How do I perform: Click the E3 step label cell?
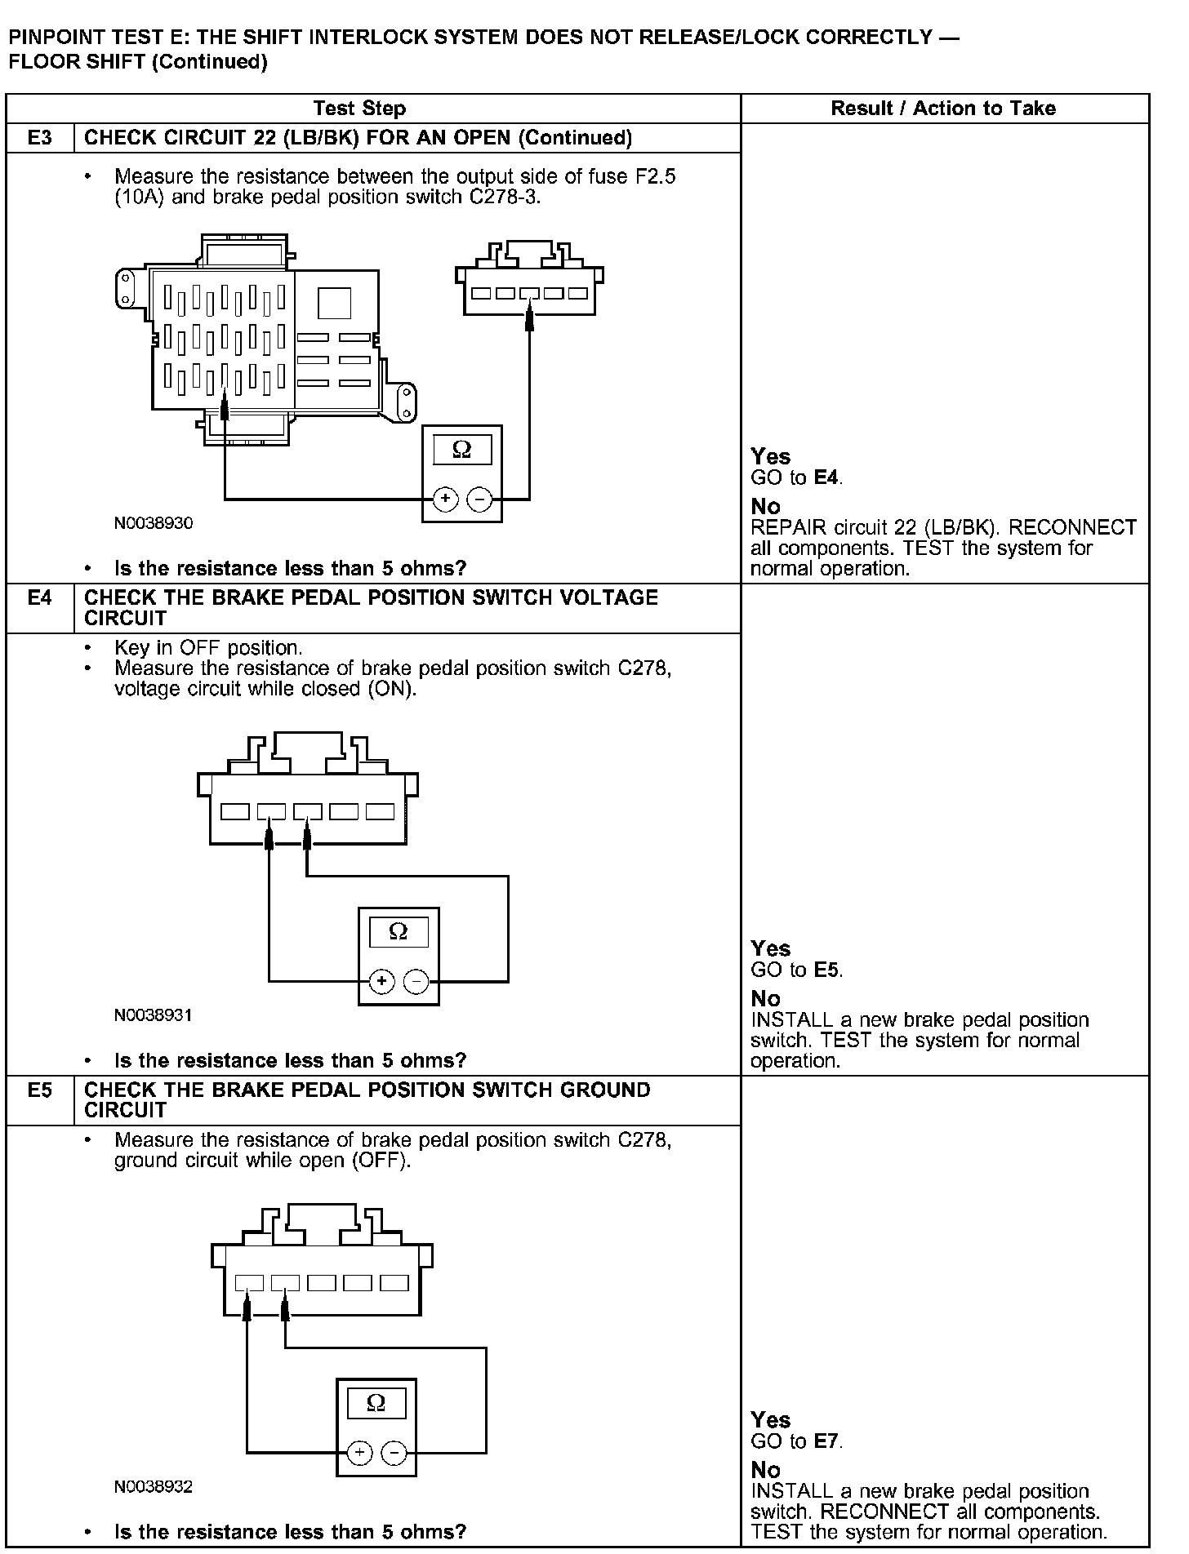pos(39,138)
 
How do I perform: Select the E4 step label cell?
pos(39,598)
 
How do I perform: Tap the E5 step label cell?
pos(39,1090)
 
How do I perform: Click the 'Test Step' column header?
pos(359,109)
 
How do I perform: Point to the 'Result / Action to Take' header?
pos(943,109)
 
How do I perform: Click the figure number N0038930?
pos(154,523)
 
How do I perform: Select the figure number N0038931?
pos(154,1015)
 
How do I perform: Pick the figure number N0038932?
pos(154,1486)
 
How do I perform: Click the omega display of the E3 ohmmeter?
pos(462,450)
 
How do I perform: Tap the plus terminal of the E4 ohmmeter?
pos(381,981)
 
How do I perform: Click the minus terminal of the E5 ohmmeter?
pos(394,1453)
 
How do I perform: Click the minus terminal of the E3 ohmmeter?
pos(480,498)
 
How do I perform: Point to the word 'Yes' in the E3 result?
pos(771,456)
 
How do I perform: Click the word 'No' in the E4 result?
pos(766,998)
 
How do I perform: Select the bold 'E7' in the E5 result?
pos(826,1441)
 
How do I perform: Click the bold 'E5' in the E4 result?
pos(828,970)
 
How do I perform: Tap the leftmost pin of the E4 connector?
pos(235,811)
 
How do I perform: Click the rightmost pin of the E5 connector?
pos(394,1283)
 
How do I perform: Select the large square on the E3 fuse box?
pos(333,303)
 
